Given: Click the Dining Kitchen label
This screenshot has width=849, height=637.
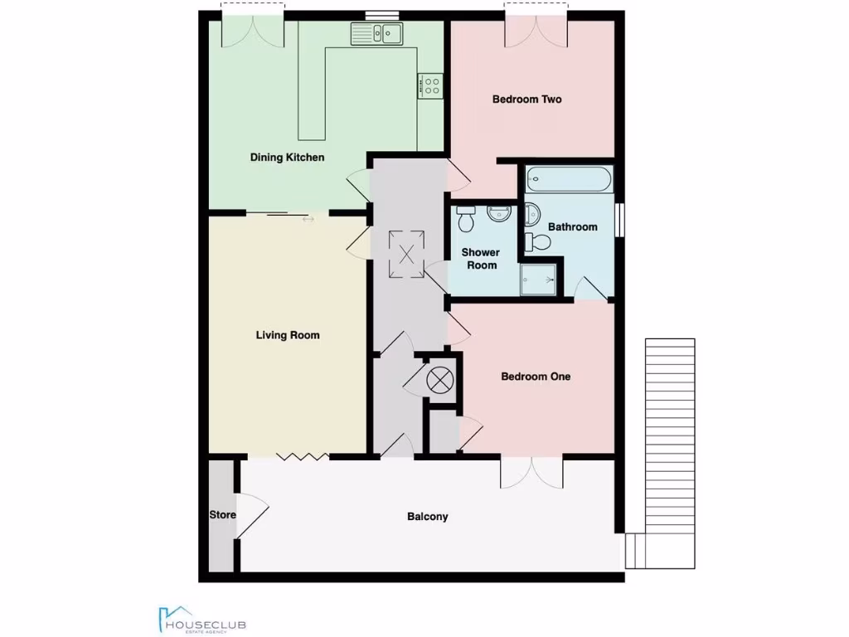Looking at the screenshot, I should pyautogui.click(x=287, y=158).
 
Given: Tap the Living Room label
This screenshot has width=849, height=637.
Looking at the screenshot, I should pyautogui.click(x=287, y=335).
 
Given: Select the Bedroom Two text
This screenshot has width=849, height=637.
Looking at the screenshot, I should pyautogui.click(x=526, y=100).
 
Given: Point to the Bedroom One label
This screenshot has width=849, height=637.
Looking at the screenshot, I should pyautogui.click(x=536, y=377).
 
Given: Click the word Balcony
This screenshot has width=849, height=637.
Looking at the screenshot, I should pyautogui.click(x=427, y=517).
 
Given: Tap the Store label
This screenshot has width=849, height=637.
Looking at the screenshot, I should pyautogui.click(x=221, y=515).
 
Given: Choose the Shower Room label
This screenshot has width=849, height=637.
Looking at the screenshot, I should pyautogui.click(x=480, y=259).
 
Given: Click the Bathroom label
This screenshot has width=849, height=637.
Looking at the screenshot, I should pyautogui.click(x=573, y=227).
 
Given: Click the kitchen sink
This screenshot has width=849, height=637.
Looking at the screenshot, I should pyautogui.click(x=376, y=33).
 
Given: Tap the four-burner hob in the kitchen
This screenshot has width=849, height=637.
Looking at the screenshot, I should pyautogui.click(x=430, y=85).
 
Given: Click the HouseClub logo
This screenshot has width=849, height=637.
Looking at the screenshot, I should pyautogui.click(x=201, y=620).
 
